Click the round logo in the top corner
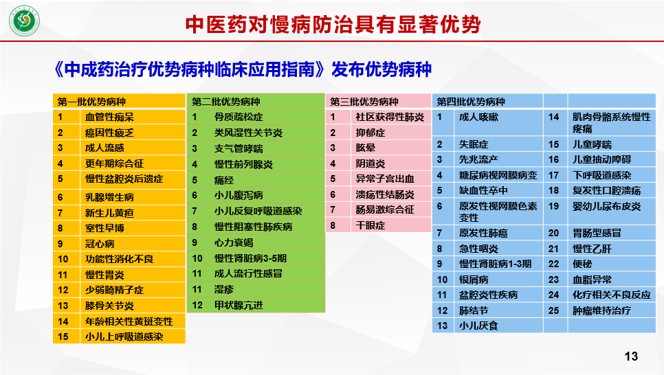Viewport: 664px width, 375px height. tap(24, 21)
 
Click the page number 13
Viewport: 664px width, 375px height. tap(631, 356)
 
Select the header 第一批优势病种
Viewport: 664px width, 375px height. tap(91, 102)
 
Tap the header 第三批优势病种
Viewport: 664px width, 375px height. tap(364, 102)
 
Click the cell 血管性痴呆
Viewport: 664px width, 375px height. tap(109, 117)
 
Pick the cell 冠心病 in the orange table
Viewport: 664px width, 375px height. tap(100, 244)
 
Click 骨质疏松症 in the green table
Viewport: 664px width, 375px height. tap(239, 117)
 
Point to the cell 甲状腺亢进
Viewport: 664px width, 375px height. tap(239, 305)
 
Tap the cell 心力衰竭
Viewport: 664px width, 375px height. tap(234, 242)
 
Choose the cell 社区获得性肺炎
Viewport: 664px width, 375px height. tap(390, 117)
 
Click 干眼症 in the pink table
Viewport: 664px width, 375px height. tap(370, 225)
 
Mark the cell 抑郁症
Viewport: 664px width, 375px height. tap(370, 133)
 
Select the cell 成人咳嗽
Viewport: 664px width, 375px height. tap(478, 117)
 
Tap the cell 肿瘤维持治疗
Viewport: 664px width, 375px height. tap(601, 310)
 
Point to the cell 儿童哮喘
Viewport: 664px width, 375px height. tap(592, 144)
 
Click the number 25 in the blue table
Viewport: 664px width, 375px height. tap(553, 310)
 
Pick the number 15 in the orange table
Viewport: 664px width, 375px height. tap(63, 337)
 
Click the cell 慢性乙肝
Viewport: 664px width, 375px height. tap(592, 249)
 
